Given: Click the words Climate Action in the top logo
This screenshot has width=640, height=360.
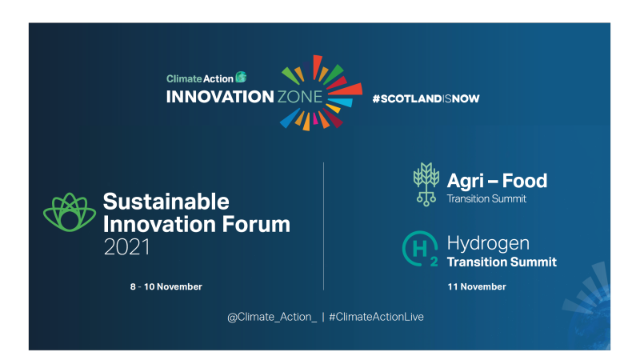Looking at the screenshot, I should [200, 78].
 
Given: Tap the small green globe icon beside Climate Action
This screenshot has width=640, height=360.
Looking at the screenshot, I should [241, 78].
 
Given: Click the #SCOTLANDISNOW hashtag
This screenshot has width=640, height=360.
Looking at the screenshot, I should [426, 98].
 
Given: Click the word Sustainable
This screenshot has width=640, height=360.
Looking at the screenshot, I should [166, 202].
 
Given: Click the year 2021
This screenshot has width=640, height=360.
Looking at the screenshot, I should [126, 248].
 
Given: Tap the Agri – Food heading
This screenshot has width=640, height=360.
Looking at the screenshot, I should [496, 181].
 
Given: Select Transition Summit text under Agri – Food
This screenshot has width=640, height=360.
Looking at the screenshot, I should [486, 198].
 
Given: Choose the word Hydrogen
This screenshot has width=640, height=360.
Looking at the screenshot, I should [488, 243].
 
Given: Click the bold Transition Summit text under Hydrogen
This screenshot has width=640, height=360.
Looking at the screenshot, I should [501, 262].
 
